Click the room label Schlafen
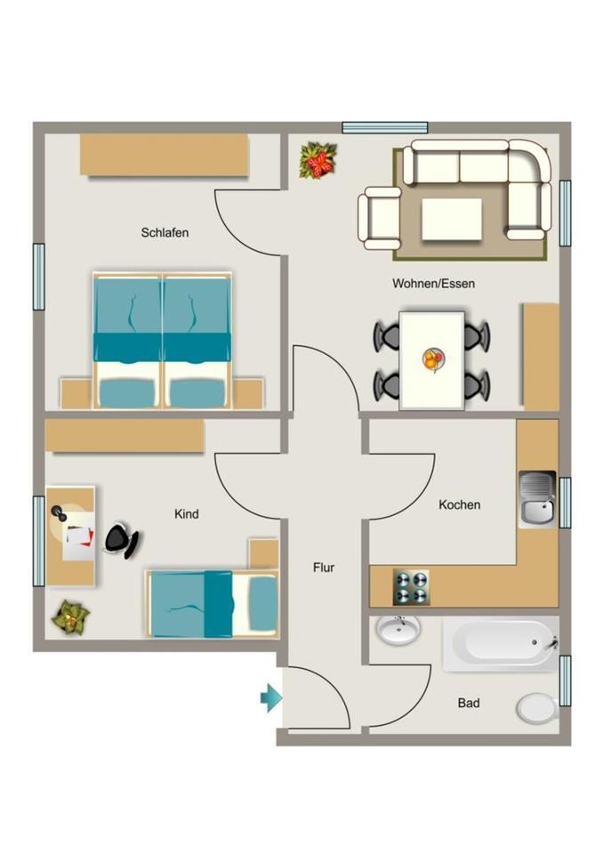tap(165, 233)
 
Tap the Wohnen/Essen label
tap(433, 285)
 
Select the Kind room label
tap(187, 514)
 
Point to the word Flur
tap(324, 567)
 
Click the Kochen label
tap(459, 504)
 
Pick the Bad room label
tap(469, 703)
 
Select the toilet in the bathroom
tap(536, 709)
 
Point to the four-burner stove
tap(411, 588)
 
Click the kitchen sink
tap(536, 499)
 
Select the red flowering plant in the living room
tap(317, 162)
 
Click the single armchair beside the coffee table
tap(380, 218)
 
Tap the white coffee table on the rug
tap(452, 219)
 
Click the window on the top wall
tap(384, 127)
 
